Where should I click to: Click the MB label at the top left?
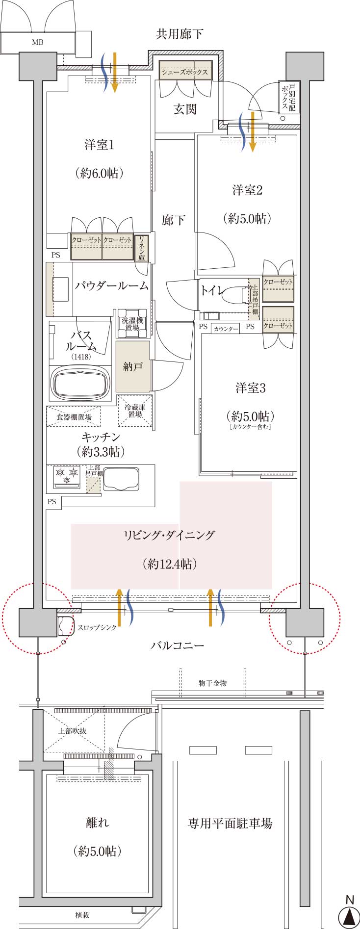38,42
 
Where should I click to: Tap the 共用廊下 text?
180,34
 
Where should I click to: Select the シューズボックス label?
185,72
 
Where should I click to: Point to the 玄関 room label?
185,109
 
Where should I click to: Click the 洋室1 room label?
99,145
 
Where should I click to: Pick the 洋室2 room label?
247,190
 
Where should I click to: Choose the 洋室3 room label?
250,388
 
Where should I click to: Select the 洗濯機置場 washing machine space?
132,324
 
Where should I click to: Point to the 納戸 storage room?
133,366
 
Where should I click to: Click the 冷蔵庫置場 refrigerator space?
135,411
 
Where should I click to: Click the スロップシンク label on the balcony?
97,627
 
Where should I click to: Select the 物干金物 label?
212,683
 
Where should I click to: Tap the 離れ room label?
98,823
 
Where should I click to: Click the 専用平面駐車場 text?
230,823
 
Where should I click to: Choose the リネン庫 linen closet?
141,248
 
